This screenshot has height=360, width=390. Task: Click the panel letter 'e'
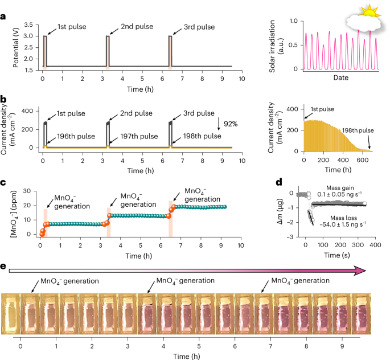[x=4, y=266]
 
